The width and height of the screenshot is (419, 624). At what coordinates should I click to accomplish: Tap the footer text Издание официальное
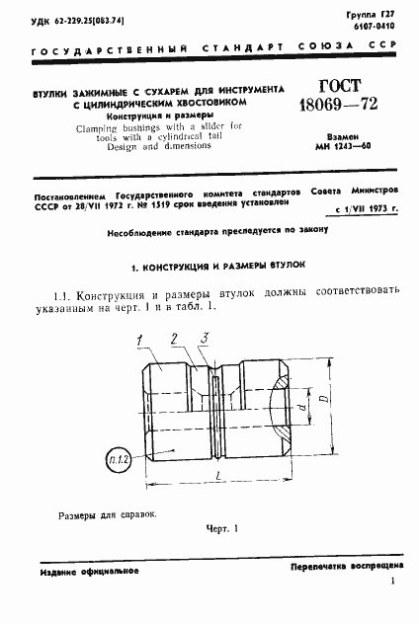click(x=90, y=572)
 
